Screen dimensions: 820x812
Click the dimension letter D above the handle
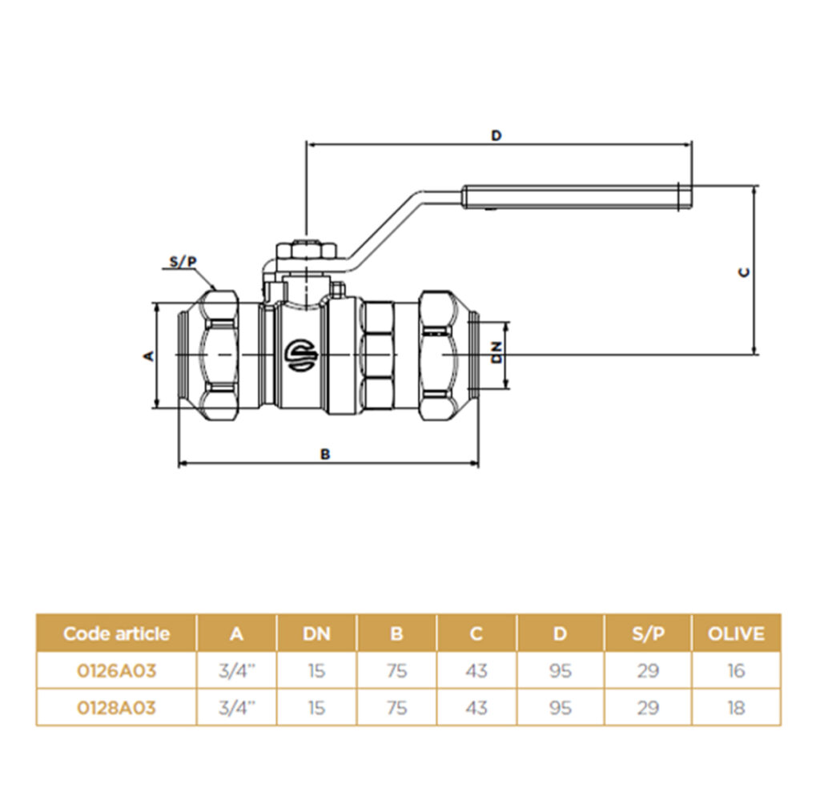point(496,135)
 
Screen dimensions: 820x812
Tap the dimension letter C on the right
point(744,272)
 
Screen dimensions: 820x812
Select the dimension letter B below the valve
point(325,454)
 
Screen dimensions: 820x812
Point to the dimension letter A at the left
point(149,356)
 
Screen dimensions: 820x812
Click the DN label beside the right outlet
point(496,352)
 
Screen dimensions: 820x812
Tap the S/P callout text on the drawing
point(183,261)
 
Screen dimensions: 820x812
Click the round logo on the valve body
point(301,355)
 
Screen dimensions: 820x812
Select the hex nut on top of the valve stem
point(306,250)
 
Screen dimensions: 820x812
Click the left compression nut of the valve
point(219,355)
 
